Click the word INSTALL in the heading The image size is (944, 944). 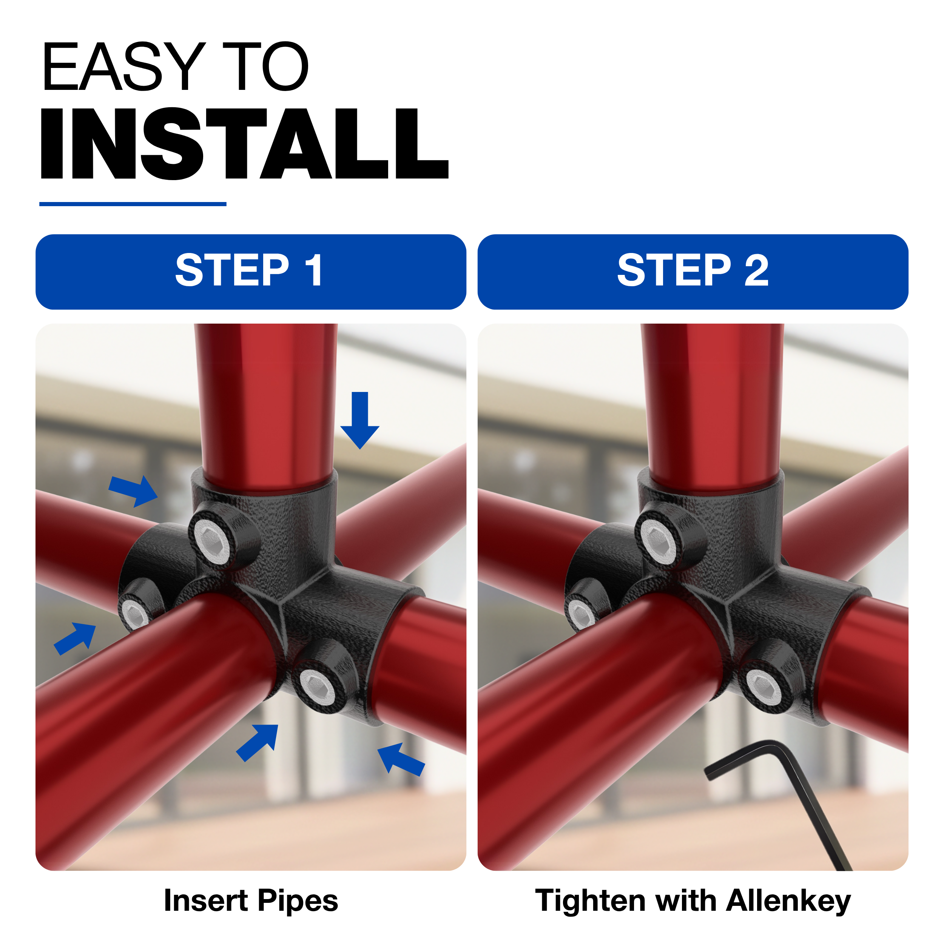[x=245, y=143]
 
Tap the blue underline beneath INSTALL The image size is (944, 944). [x=133, y=204]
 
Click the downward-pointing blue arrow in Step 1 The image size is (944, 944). [x=360, y=420]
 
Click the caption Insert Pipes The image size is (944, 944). [x=251, y=901]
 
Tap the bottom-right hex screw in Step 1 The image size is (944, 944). [x=318, y=685]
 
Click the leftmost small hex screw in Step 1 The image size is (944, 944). [x=135, y=614]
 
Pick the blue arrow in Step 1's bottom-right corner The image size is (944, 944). [x=401, y=759]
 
